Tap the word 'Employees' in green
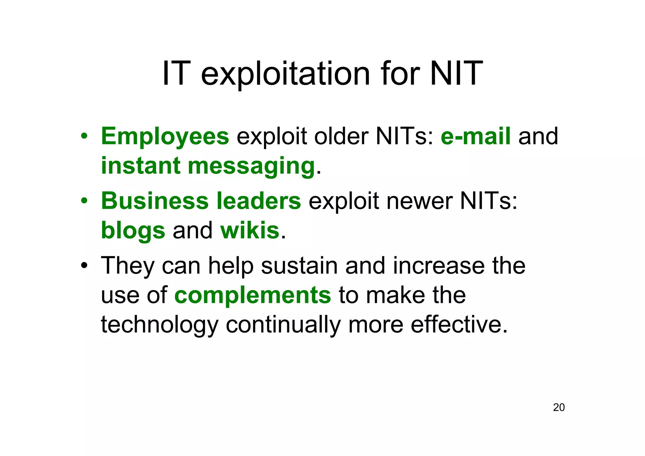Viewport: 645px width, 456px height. click(165, 136)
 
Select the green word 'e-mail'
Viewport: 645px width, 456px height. click(476, 136)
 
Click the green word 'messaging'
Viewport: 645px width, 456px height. click(251, 166)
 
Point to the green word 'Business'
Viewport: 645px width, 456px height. click(155, 201)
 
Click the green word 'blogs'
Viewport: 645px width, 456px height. click(133, 231)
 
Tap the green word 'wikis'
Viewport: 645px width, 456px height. click(250, 231)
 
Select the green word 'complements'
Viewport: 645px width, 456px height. click(253, 295)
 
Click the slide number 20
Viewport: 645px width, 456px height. click(559, 408)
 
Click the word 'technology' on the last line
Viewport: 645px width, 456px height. click(159, 325)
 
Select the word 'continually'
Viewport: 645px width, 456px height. click(283, 325)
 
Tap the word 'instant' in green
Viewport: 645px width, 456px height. click(140, 166)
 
